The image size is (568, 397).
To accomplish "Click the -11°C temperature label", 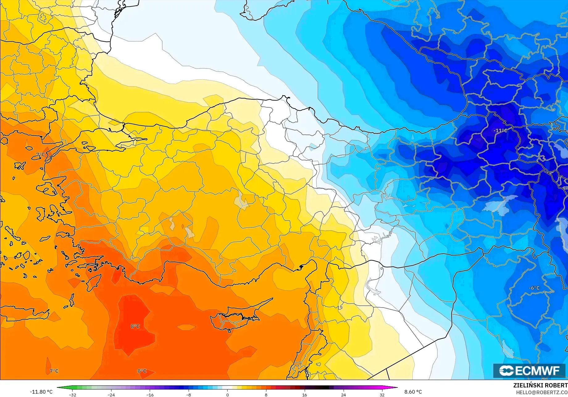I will [x=500, y=130].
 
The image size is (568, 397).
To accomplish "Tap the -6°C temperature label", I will [x=534, y=288].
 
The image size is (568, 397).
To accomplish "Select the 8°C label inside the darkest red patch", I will [x=135, y=326].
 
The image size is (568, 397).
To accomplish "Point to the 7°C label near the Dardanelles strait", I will [x=40, y=155].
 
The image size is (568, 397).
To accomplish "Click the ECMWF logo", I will [x=529, y=371].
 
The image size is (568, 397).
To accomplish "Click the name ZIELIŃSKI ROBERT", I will [x=540, y=385].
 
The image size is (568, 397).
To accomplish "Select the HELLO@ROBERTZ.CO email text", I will [x=542, y=392].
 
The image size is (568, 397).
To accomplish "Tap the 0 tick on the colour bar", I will [x=228, y=395].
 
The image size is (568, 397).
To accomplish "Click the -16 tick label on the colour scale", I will [x=150, y=395].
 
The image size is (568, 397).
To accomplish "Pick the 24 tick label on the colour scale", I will [x=343, y=395].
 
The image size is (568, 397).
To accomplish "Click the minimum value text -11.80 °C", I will [x=41, y=392].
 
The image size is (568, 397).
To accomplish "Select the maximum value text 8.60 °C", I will [x=413, y=392].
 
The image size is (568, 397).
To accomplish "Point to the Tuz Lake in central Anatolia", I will [x=242, y=201].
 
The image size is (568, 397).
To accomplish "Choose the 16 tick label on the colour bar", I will [x=304, y=395].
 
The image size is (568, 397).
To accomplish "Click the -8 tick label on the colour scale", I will [x=189, y=395].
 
